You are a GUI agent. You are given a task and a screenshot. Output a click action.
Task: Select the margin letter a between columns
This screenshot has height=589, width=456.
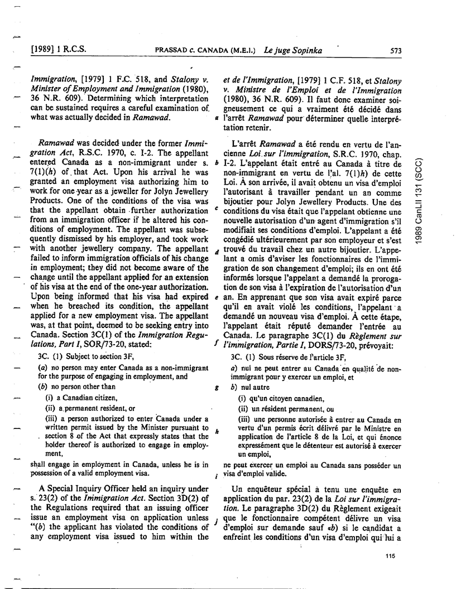(216, 119)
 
